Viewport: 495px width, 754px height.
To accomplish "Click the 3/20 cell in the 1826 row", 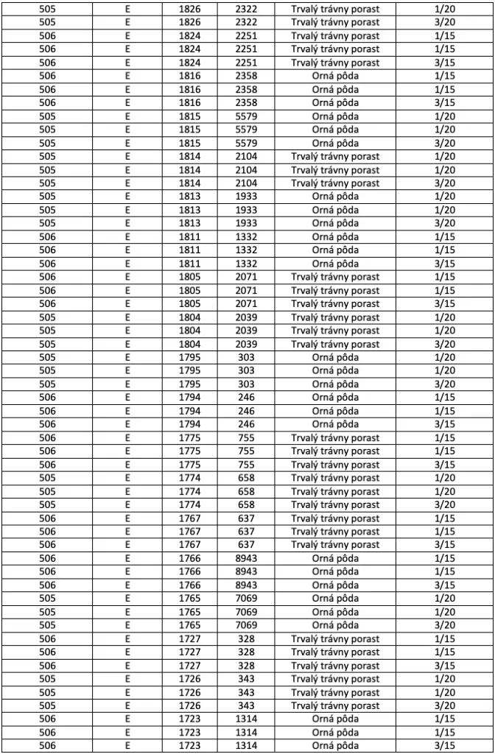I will (x=445, y=22).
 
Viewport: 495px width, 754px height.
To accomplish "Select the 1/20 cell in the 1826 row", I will (x=445, y=9).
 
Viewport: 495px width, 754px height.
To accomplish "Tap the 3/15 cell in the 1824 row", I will (x=445, y=63).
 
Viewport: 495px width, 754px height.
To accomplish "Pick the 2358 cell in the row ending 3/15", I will (x=246, y=102).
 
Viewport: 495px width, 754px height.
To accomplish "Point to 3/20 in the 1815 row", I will (x=445, y=143).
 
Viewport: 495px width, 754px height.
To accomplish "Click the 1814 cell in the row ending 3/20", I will (x=189, y=183).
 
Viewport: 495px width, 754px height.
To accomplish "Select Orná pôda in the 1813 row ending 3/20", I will (x=335, y=223).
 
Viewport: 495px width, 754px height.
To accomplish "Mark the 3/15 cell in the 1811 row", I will (x=445, y=264).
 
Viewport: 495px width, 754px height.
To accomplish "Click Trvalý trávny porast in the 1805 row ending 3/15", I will (x=335, y=303).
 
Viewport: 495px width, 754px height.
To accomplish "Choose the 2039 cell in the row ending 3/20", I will (x=246, y=344).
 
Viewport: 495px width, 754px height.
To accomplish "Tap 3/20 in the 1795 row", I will (x=445, y=384).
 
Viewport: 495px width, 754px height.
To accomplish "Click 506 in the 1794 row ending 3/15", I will (x=47, y=424).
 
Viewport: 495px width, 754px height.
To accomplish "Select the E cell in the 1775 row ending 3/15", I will (x=127, y=465).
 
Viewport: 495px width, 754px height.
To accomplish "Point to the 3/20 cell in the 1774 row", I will (x=445, y=504).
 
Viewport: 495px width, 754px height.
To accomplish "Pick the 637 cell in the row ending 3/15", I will (x=246, y=545).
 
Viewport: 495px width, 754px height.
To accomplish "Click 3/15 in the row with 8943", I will (x=445, y=585).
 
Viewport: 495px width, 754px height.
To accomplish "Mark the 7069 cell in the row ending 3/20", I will (x=246, y=625).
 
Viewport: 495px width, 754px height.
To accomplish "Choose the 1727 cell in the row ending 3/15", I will (x=189, y=666).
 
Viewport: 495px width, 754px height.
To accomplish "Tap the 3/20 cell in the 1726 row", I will (x=445, y=705).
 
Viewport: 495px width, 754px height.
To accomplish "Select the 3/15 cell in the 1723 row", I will (x=445, y=746).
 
